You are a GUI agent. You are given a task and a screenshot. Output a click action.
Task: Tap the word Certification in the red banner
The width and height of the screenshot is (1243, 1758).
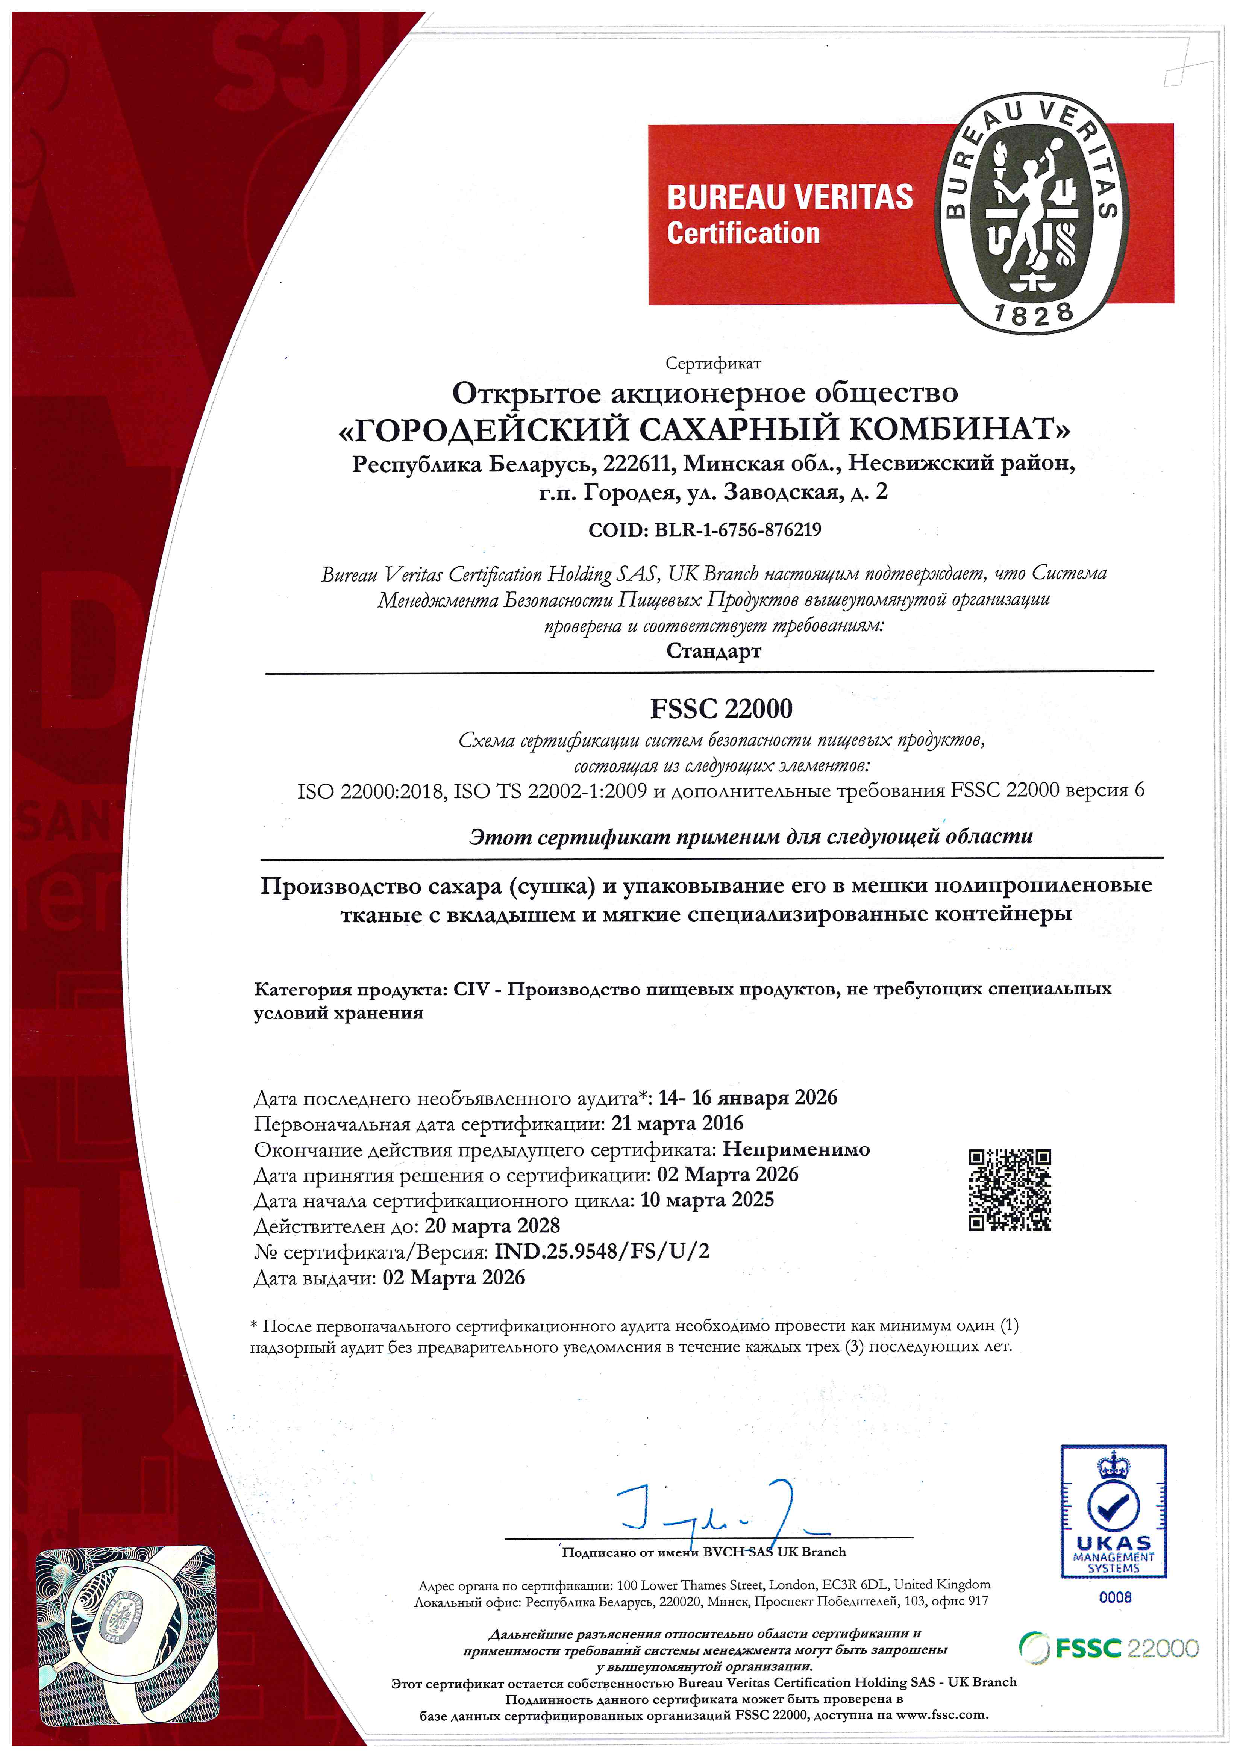coord(743,233)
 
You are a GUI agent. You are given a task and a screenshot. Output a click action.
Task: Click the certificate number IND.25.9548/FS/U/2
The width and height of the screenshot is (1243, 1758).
coord(602,1251)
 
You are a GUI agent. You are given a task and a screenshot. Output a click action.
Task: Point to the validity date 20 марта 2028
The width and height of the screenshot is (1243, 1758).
coord(493,1225)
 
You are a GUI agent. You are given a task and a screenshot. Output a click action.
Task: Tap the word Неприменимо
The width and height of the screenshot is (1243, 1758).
coord(796,1149)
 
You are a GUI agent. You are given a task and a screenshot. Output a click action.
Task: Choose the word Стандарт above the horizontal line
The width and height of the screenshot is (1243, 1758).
coord(713,651)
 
